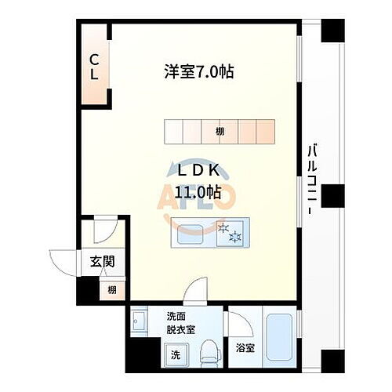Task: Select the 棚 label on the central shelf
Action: tap(220, 132)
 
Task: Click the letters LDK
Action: tap(199, 170)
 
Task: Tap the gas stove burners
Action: tap(232, 232)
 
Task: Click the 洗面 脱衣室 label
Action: tap(181, 324)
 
